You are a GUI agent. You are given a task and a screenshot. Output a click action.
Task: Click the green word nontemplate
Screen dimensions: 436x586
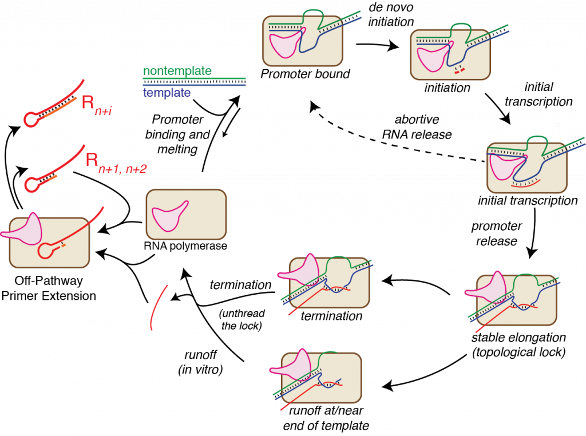[177, 72]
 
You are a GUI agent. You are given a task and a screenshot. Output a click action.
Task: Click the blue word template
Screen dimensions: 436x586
[167, 93]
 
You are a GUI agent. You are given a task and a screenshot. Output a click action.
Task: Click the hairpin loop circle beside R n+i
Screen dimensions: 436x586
[30, 120]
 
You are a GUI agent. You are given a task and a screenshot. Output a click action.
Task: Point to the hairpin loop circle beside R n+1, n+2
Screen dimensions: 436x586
[31, 184]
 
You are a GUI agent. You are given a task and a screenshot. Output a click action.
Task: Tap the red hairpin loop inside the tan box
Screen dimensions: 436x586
[46, 250]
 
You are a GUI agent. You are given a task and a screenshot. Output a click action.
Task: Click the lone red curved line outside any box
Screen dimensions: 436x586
[157, 308]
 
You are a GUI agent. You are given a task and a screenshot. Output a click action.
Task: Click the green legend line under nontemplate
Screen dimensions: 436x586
[194, 78]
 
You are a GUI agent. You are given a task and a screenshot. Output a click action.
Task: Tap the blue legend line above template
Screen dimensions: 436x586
[194, 85]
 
